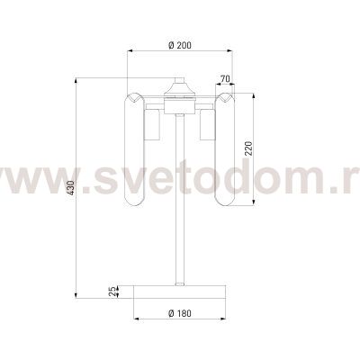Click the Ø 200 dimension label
(x=180, y=45)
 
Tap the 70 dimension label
(x=225, y=79)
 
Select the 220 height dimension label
(x=249, y=148)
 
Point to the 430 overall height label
(x=70, y=188)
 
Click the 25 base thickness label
(x=112, y=292)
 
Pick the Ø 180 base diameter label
(x=180, y=313)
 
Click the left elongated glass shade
(x=135, y=149)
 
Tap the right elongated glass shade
(x=225, y=149)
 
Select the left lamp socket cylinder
(x=152, y=125)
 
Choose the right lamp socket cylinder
(x=208, y=125)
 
